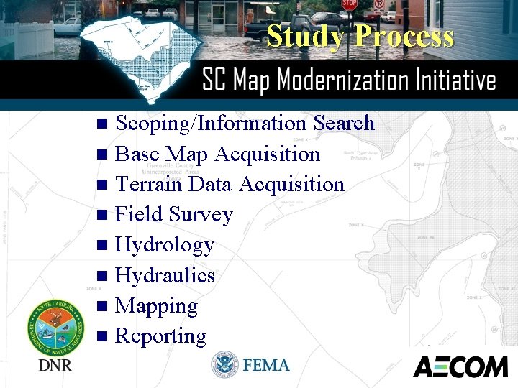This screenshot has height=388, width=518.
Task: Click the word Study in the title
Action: [x=304, y=36]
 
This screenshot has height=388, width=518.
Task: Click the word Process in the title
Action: [x=404, y=36]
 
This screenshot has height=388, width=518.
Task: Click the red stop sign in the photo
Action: [x=350, y=4]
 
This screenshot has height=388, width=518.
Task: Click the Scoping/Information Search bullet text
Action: [x=245, y=123]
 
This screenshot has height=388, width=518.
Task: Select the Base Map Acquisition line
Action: [x=217, y=154]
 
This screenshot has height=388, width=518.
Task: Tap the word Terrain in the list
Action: [x=148, y=184]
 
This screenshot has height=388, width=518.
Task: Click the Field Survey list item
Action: [x=174, y=214]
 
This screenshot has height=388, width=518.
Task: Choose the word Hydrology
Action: [x=165, y=245]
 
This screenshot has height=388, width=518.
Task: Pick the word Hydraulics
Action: [x=165, y=275]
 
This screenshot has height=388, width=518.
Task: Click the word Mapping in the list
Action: [x=156, y=305]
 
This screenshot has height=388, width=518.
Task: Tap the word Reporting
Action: [x=160, y=336]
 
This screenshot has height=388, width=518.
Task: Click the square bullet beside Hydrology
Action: [x=101, y=246]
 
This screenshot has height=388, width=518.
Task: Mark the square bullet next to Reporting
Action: [x=101, y=336]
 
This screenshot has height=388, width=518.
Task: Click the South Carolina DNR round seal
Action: [x=55, y=327]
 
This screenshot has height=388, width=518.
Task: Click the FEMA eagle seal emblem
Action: [x=224, y=365]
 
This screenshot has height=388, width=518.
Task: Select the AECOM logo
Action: [x=460, y=366]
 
